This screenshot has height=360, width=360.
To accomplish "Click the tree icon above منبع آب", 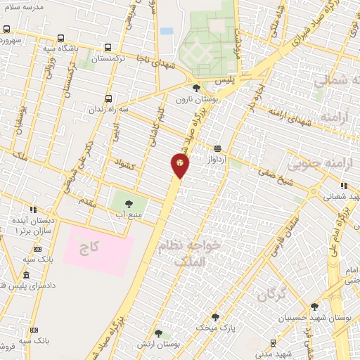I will (128, 203).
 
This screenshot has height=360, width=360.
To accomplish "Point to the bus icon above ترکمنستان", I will (107, 48).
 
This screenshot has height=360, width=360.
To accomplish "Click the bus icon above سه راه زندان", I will (107, 99).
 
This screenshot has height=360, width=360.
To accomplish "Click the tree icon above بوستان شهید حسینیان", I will (314, 307).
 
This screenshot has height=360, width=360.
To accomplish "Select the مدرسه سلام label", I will (25, 6).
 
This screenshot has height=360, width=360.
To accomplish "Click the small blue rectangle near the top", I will (166, 31).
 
